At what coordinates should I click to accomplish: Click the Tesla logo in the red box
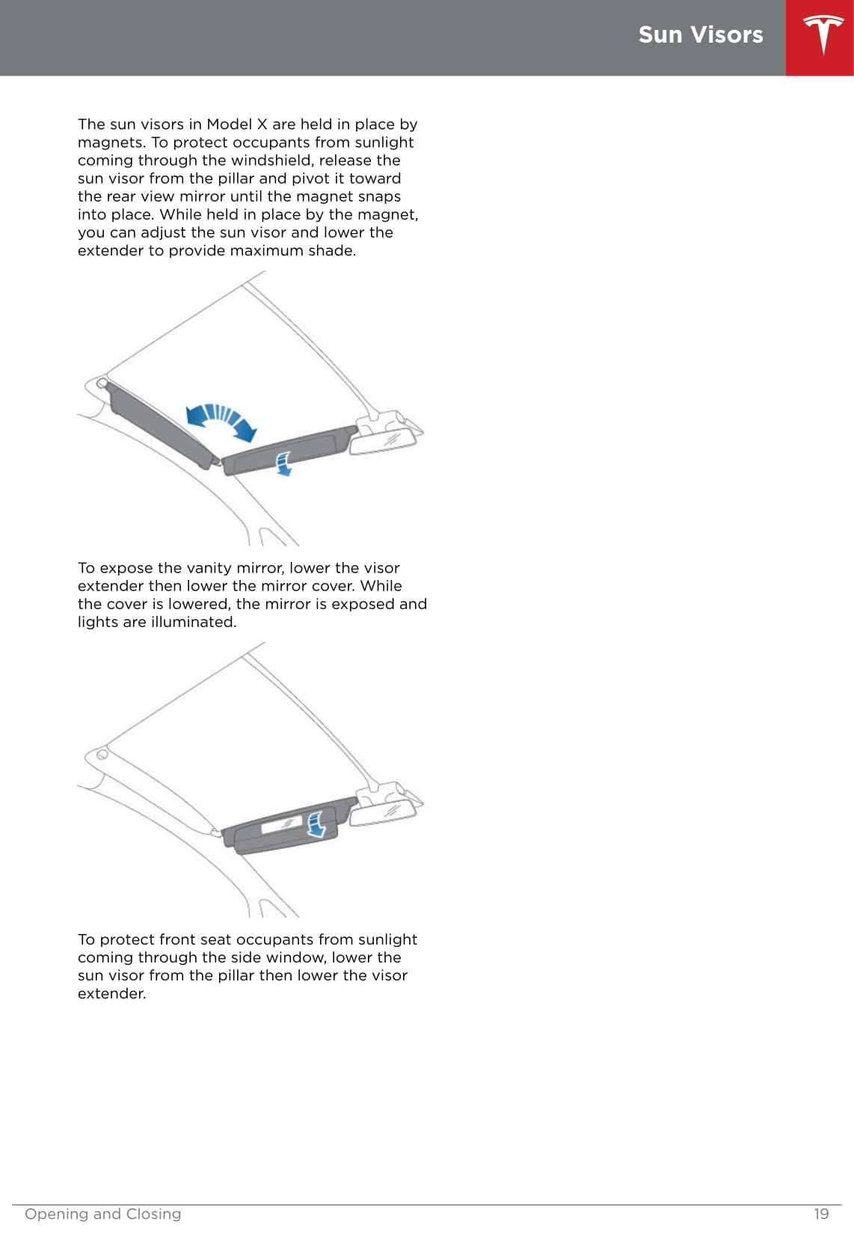pos(823,34)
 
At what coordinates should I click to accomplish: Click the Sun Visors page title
pos(701,35)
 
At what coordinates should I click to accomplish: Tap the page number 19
pos(821,1214)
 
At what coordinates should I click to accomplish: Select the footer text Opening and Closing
pos(102,1214)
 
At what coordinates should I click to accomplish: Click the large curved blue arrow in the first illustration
pos(221,419)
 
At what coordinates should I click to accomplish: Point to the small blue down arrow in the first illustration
pos(283,463)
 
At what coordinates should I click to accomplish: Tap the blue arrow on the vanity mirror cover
pos(316,824)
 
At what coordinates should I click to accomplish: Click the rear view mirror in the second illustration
pos(383,812)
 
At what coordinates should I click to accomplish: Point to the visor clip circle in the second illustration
pos(102,754)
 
